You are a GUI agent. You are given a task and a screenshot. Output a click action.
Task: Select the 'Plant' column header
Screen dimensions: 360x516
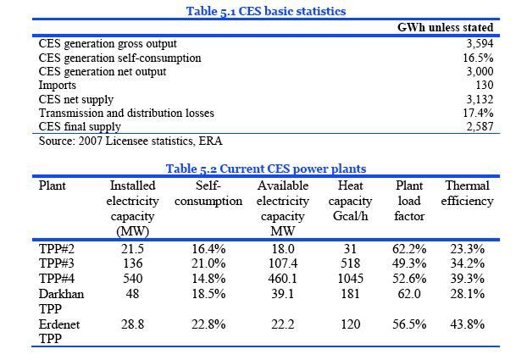point(53,185)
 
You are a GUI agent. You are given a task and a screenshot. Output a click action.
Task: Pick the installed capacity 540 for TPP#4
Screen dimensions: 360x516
point(132,278)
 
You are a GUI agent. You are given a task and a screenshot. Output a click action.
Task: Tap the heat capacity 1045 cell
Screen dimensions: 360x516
point(350,278)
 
